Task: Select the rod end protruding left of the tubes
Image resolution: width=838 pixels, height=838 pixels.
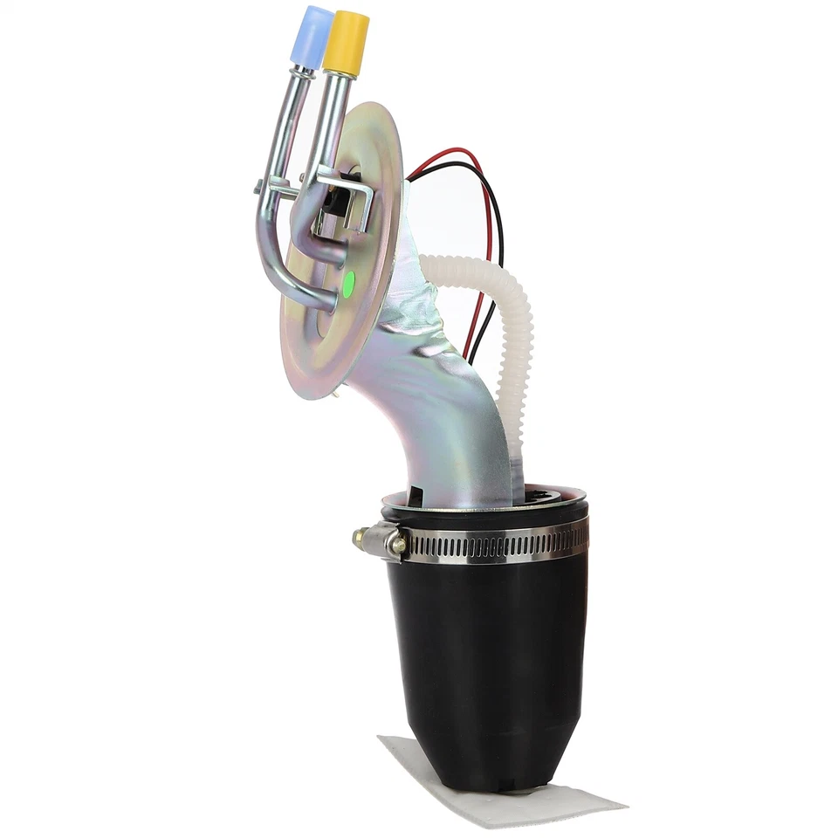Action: tap(260, 186)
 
